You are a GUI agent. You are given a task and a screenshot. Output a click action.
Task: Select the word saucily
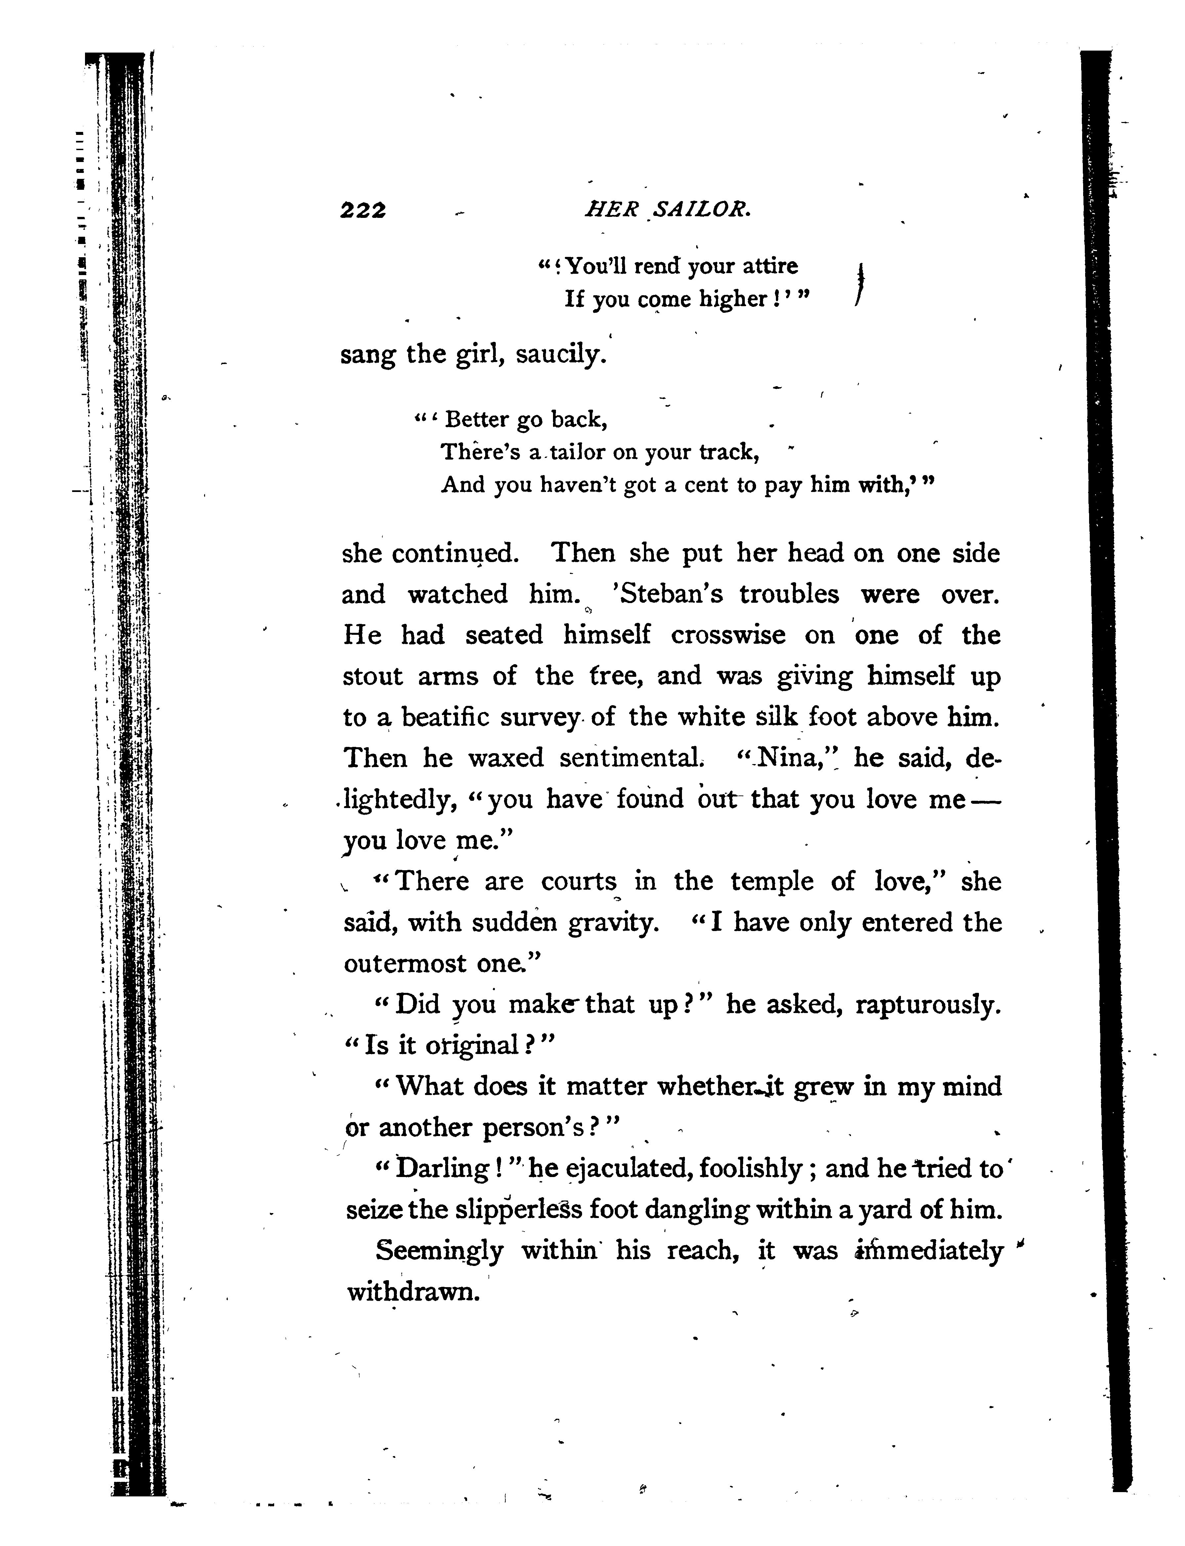click(561, 354)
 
